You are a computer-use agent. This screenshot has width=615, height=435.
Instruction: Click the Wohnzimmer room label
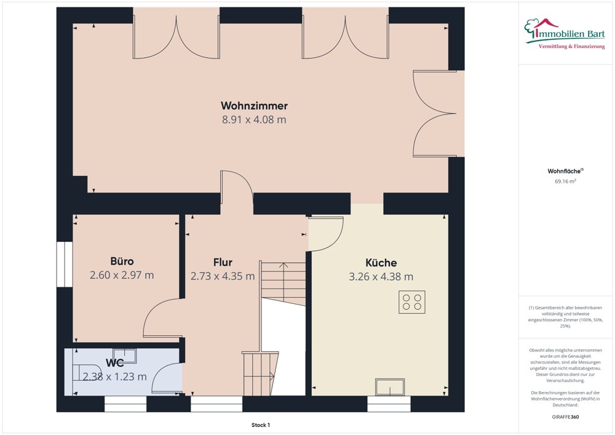pos(254,106)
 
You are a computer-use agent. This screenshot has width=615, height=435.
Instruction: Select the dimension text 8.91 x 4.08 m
pos(254,120)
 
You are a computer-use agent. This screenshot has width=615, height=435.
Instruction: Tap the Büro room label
pos(122,261)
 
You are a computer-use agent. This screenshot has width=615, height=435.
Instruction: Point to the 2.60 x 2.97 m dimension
pos(122,275)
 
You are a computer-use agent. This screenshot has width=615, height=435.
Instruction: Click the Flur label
pos(223,263)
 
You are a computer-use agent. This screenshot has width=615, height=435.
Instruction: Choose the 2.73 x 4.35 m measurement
pos(223,276)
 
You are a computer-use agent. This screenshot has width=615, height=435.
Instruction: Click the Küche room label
pos(381,263)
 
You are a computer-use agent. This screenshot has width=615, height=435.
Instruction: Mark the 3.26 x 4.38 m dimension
pos(381,277)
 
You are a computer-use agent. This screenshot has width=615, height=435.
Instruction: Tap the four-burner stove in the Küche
pos(411,301)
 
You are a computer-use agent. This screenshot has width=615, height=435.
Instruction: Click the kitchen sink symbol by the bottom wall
pos(390,387)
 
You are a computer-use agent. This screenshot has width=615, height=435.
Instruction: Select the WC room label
pos(115,364)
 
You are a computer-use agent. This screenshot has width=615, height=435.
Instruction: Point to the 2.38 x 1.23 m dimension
pos(115,377)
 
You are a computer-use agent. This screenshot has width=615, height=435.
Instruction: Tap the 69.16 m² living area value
pos(565,182)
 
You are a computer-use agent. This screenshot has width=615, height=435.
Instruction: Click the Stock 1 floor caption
pos(260,425)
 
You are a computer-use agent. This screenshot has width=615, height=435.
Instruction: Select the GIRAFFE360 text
pos(565,417)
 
